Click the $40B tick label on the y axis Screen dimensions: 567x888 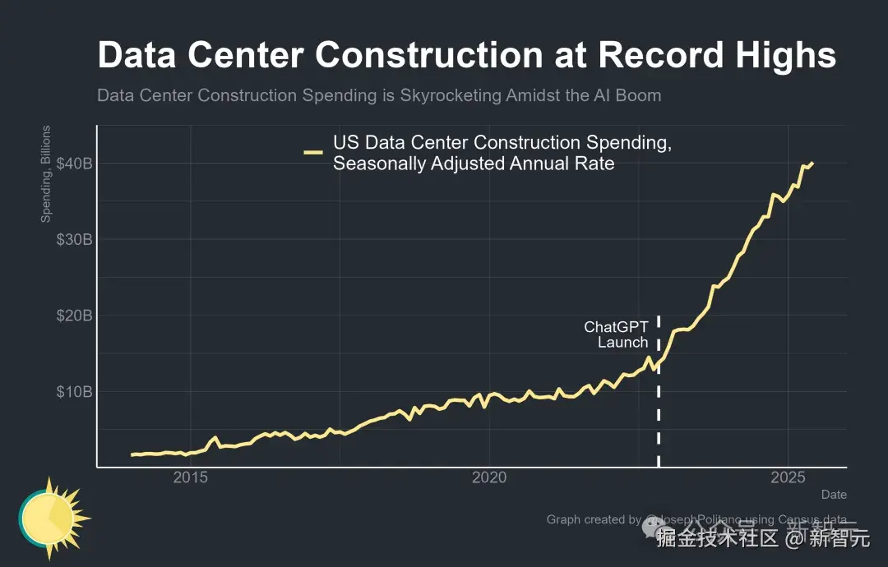(73, 164)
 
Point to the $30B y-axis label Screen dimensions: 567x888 (73, 239)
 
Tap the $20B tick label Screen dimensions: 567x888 (73, 316)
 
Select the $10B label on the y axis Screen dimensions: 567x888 (73, 392)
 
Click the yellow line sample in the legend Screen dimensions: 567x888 (313, 152)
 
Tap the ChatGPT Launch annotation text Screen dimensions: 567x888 (617, 334)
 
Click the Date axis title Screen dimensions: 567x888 (834, 495)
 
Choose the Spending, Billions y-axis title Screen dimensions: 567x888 (46, 173)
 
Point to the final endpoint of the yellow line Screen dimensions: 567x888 (812, 163)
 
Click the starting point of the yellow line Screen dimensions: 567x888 (132, 454)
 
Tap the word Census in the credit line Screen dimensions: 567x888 (795, 519)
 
